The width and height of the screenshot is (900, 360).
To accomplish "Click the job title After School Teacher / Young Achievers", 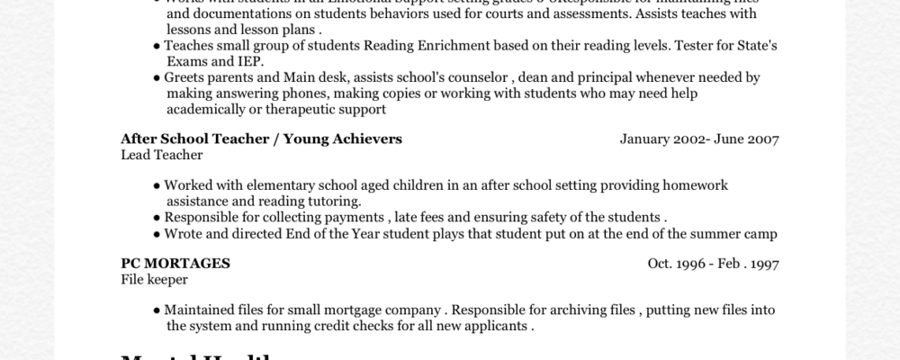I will point(261,139).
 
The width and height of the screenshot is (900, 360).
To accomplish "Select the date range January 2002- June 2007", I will point(699,139).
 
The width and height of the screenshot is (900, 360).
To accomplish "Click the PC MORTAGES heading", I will point(175,264).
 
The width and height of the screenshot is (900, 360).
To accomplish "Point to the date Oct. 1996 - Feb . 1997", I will point(713,264).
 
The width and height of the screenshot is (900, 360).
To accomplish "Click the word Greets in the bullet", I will point(184,78).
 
